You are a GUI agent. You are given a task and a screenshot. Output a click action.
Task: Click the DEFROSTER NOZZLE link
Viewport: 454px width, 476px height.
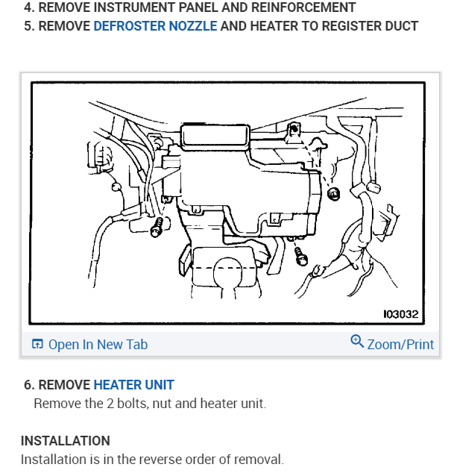pos(155,26)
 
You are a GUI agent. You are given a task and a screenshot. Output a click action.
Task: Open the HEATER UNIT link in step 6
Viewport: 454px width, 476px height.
pos(133,385)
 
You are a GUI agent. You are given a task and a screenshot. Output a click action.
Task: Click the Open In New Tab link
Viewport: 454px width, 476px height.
pos(98,344)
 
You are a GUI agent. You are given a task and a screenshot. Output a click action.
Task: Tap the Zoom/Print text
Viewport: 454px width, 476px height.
pos(400,344)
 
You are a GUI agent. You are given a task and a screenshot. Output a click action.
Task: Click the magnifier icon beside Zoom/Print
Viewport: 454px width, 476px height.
pos(357,342)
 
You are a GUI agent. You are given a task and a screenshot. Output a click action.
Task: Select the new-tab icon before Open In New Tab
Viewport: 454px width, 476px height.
pos(37,344)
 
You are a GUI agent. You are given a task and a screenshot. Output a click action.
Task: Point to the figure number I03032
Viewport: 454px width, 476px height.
pos(401,315)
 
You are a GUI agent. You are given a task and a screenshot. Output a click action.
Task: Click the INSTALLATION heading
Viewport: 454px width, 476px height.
pos(65,440)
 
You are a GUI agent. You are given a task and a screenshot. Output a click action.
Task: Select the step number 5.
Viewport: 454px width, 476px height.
pos(28,26)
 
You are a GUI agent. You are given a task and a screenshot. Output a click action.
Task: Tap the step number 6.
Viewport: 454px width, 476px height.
pos(28,385)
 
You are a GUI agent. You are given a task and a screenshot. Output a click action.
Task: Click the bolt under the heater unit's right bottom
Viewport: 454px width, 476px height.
pos(300,256)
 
